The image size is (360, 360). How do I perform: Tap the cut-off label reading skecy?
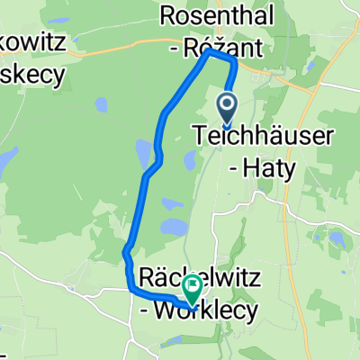point(32,76)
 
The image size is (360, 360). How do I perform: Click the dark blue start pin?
point(226,108)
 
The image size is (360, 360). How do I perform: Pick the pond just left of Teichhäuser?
point(190,160)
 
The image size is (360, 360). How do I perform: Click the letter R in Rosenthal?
point(166,14)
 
